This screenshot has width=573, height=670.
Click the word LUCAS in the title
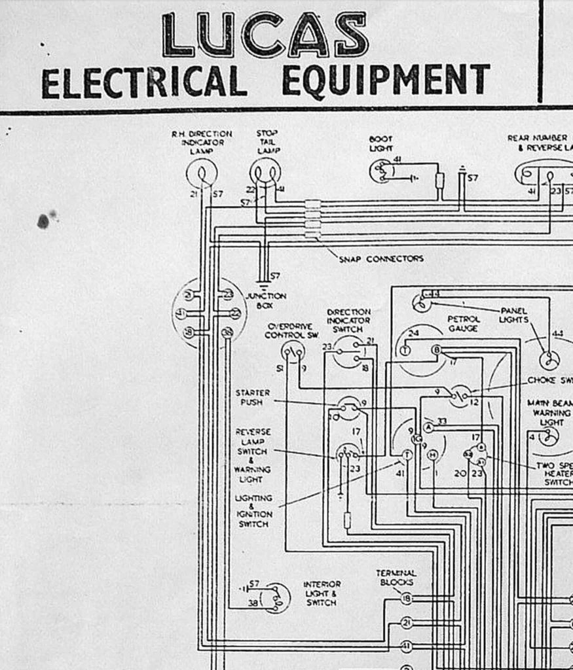point(265,35)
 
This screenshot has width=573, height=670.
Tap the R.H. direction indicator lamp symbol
point(201,173)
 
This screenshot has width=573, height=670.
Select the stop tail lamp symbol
point(265,173)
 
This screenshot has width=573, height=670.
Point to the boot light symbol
point(381,171)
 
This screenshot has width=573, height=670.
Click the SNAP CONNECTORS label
point(380,259)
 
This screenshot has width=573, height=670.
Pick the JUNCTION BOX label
point(265,300)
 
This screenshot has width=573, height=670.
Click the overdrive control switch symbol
point(293,352)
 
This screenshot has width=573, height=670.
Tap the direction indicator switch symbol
point(347,354)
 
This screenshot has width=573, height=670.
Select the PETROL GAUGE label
point(463,324)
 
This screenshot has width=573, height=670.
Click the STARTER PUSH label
point(252,397)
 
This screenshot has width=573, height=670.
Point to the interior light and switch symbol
point(276,597)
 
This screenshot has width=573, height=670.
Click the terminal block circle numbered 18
point(406,598)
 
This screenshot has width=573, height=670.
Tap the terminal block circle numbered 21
point(406,622)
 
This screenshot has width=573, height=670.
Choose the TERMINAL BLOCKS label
point(396,577)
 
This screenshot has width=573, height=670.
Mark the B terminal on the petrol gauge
point(437,349)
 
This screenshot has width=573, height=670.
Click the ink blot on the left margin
point(43,220)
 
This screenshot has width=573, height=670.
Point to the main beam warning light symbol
point(549,436)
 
